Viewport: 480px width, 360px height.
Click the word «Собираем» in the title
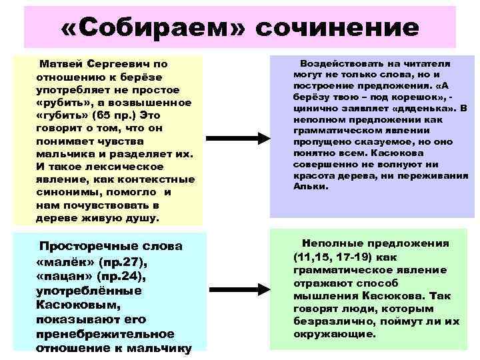[149, 28]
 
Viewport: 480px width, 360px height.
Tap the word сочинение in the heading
[337, 28]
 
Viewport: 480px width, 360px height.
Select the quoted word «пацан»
[63, 276]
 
